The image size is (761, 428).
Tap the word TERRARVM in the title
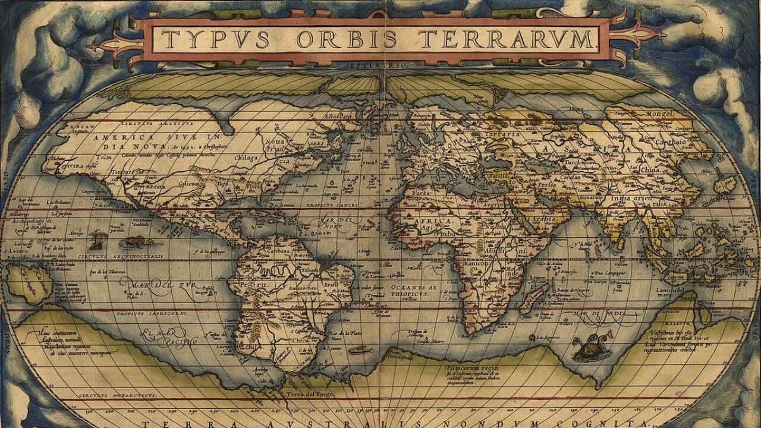click(x=515, y=39)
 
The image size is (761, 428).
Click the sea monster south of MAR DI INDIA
click(x=586, y=349)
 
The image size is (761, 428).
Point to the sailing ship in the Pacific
click(x=98, y=240)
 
